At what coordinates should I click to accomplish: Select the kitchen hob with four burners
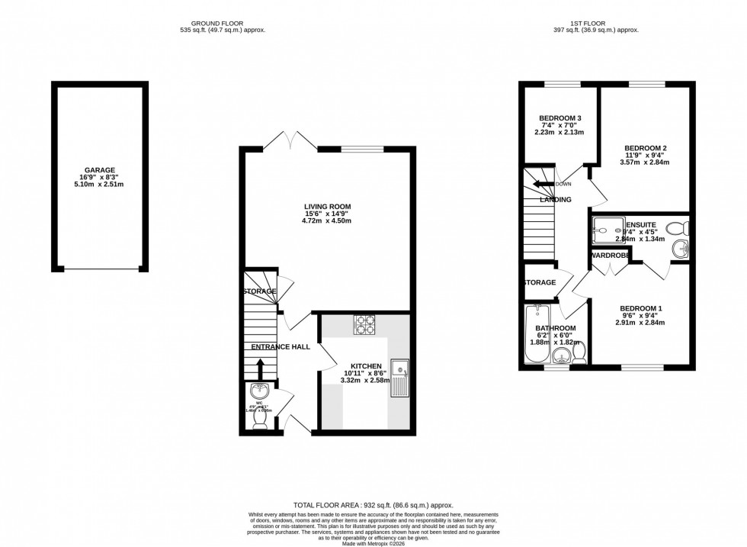tap(364, 324)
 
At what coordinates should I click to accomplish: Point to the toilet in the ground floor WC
tap(260, 418)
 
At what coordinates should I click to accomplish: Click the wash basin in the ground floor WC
tap(260, 391)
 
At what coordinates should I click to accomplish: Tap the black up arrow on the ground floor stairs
tap(260, 368)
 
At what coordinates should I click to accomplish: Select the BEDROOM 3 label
tap(560, 118)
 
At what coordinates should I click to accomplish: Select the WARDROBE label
tap(609, 255)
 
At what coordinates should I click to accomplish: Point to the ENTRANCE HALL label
tap(281, 346)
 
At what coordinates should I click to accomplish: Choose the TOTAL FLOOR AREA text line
tap(373, 505)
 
